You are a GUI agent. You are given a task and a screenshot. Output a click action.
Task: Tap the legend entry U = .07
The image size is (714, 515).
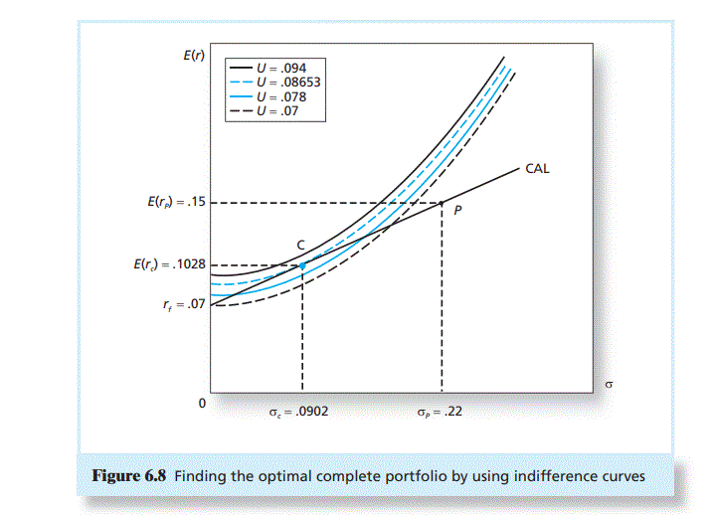click(279, 112)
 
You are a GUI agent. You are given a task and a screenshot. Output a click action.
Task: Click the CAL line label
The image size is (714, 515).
click(537, 169)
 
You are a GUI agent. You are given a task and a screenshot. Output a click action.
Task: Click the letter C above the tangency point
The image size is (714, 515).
click(299, 244)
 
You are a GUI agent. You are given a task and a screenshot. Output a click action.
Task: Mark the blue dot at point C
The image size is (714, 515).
click(302, 265)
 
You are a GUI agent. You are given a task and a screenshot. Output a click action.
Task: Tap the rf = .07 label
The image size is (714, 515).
click(184, 304)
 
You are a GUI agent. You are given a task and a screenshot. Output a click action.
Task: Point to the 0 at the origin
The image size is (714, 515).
click(202, 404)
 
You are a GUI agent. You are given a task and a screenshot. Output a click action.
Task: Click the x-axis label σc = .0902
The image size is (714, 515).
click(292, 409)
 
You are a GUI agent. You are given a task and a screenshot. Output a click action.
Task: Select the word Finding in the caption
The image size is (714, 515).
click(203, 476)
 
